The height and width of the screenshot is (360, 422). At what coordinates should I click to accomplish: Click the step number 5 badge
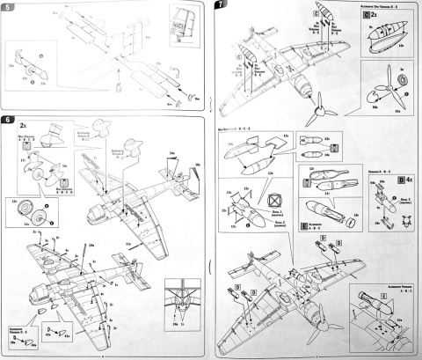(x=10, y=8)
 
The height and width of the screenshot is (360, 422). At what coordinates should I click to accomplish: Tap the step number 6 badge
(x=10, y=119)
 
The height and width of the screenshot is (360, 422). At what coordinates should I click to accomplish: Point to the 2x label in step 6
(x=21, y=127)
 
